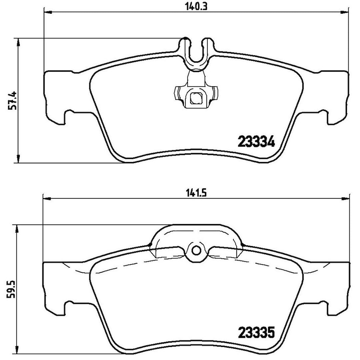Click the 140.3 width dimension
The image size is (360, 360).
196,7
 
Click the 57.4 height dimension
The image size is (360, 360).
13,101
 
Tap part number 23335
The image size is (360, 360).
256,332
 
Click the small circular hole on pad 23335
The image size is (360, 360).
196,250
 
